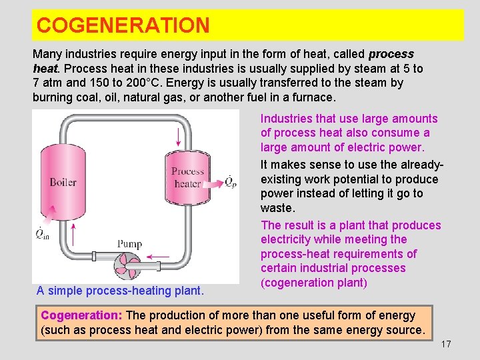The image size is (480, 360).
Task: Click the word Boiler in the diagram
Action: pos(63,182)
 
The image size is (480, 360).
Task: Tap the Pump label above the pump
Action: pos(129,244)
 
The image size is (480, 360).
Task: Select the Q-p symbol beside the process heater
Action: pos(230,181)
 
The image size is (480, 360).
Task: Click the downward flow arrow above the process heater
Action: pos(178,135)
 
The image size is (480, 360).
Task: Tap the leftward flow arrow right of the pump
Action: pos(158,256)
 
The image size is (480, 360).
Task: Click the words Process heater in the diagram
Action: pos(187,177)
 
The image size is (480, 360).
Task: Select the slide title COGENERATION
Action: pos(123,25)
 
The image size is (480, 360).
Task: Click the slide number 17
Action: pos(446,344)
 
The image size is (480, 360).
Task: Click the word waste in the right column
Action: pos(276,207)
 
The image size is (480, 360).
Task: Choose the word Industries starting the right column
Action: pos(287,119)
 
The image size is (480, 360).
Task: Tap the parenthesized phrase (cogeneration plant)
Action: pos(314,282)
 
